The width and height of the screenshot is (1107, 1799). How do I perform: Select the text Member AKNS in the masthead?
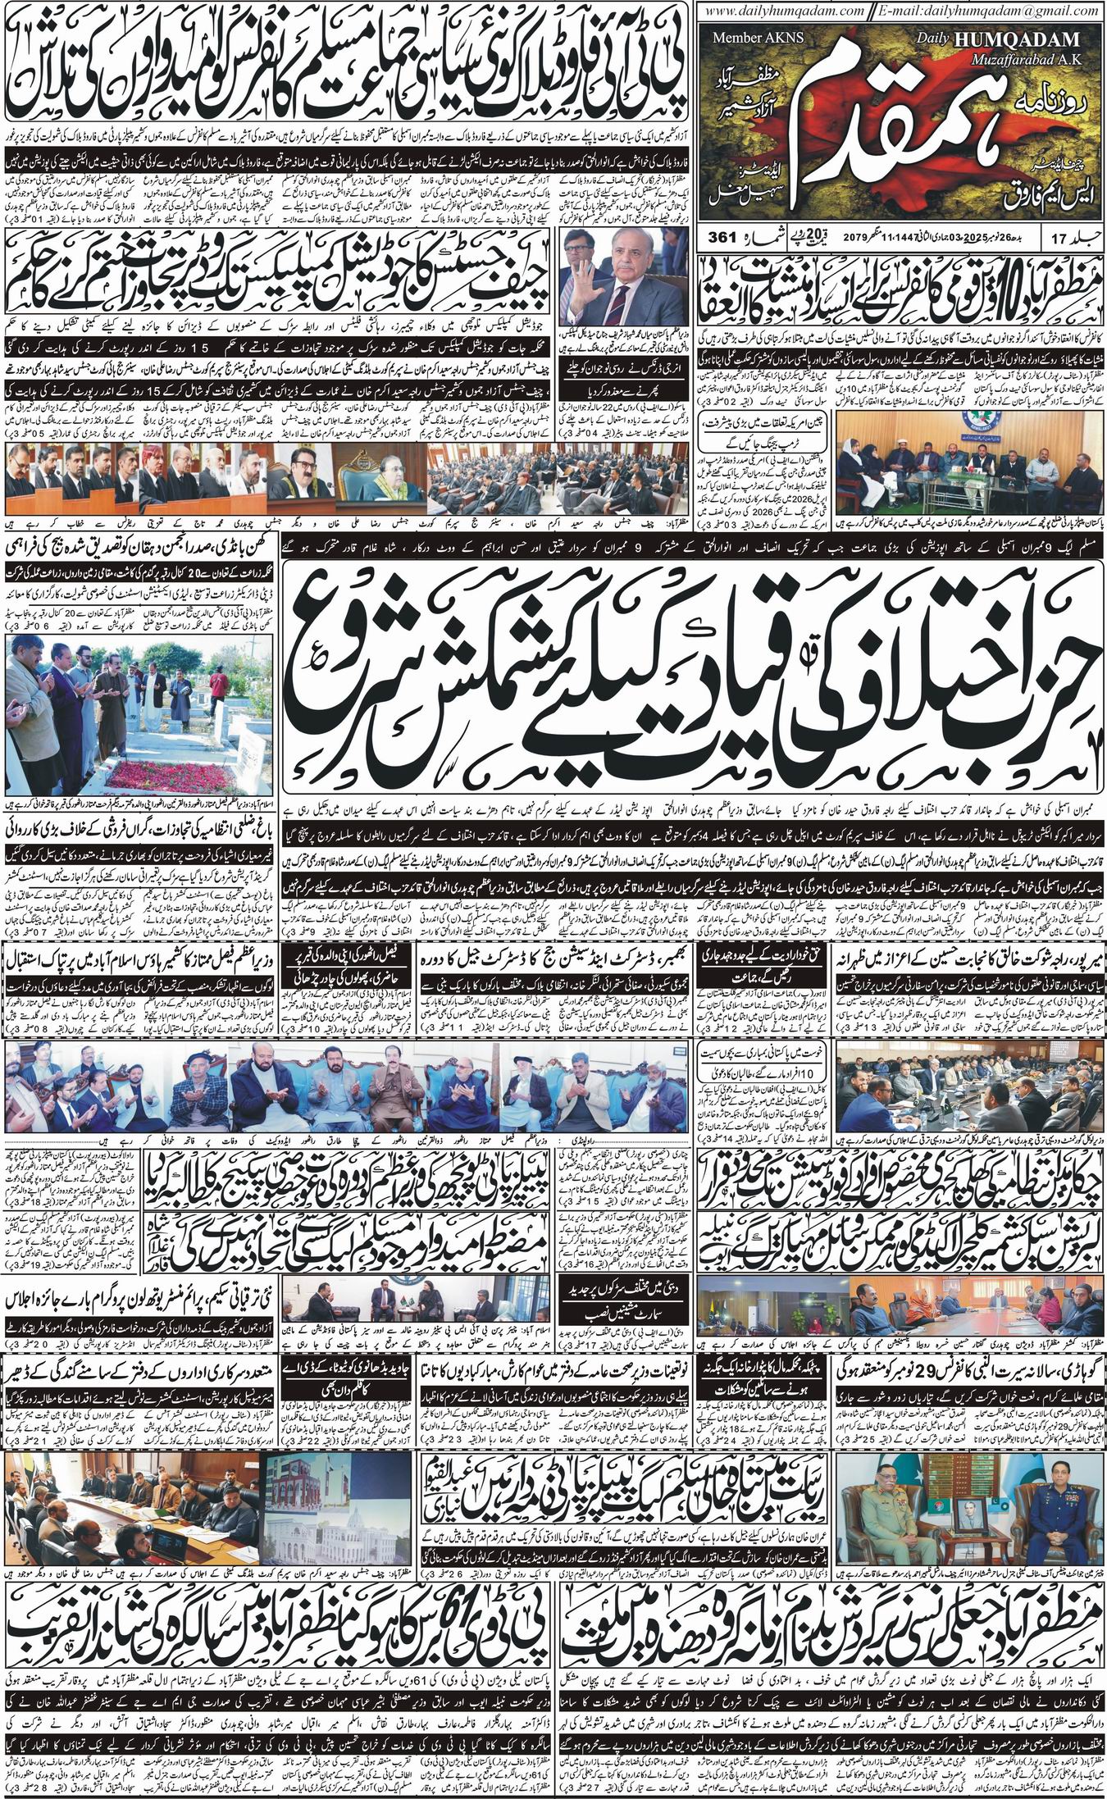(x=748, y=38)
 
